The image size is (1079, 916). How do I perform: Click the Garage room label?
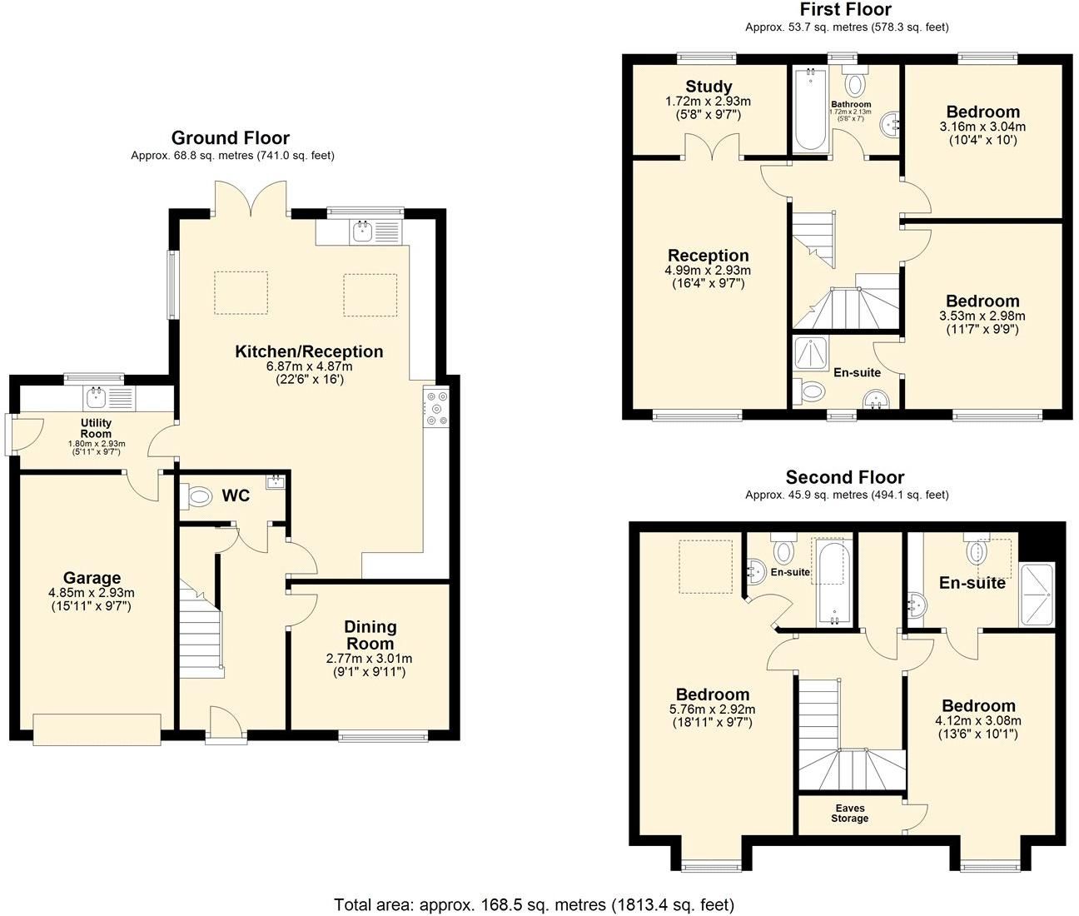tap(92, 578)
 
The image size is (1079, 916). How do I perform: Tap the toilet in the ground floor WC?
tap(196, 497)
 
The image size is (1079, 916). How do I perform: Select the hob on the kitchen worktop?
tap(436, 408)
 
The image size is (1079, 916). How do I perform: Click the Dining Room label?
tap(370, 635)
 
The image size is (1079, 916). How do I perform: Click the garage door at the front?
tap(97, 729)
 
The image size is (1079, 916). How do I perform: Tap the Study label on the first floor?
tap(709, 87)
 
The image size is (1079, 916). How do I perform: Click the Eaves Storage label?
tap(849, 814)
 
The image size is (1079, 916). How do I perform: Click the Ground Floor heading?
tap(231, 138)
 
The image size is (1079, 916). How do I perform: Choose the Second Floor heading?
tap(845, 477)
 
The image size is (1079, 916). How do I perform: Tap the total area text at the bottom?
tap(534, 904)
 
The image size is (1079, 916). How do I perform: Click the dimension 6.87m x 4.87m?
tap(309, 366)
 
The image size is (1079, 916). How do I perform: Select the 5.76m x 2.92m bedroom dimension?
tap(712, 709)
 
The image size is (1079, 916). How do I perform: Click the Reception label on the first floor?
tap(708, 256)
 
